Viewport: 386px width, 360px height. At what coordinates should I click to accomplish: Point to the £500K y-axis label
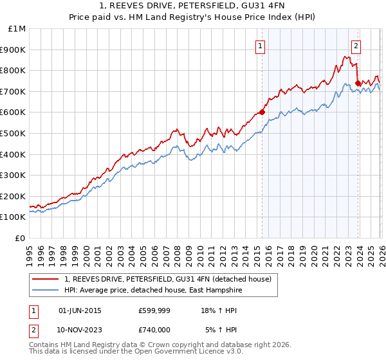[x=13, y=133]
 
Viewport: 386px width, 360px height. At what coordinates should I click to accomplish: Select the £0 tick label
[x=20, y=238]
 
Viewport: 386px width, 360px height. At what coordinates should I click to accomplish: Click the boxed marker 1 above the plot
[x=261, y=46]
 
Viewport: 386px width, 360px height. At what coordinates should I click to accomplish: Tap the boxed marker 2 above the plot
[x=356, y=46]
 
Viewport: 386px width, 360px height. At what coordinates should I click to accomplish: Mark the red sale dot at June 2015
[x=262, y=112]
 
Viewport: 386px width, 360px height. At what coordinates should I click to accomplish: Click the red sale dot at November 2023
[x=358, y=83]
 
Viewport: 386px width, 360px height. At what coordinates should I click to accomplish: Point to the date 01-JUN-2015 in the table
[x=80, y=310]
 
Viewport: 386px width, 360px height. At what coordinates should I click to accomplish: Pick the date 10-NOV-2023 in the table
[x=80, y=330]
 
